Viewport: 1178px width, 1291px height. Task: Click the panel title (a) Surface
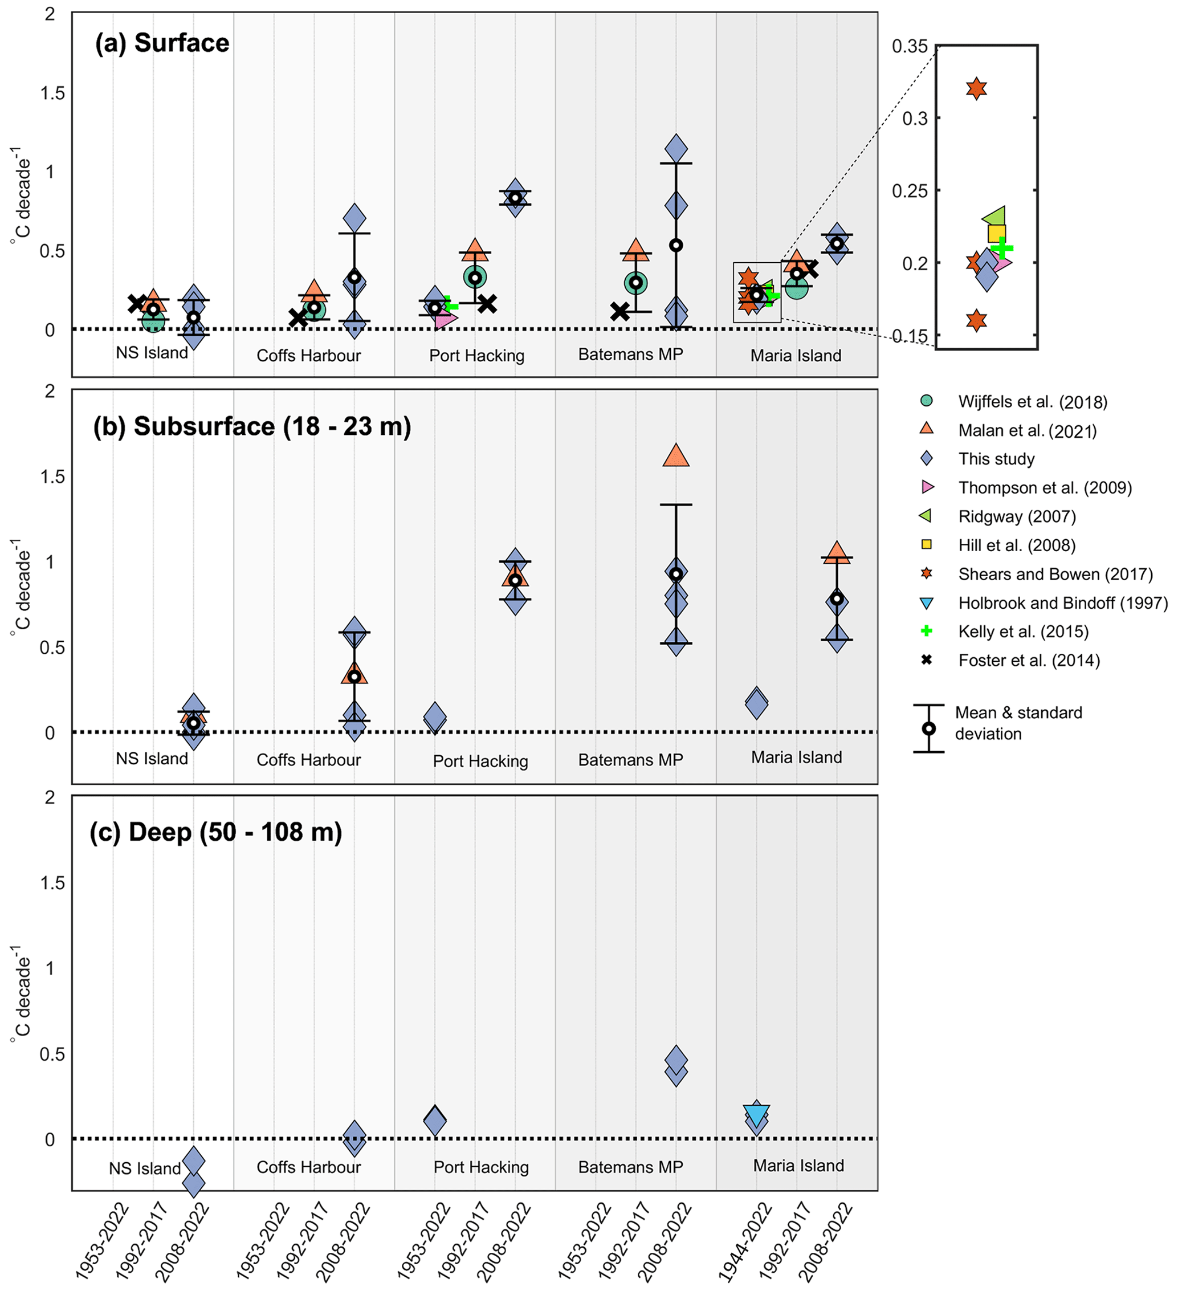pos(162,43)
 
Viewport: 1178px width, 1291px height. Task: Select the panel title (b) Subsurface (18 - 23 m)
pos(251,426)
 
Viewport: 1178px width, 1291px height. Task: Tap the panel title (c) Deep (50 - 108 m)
pos(216,832)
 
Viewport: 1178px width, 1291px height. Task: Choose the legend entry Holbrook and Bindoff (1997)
pos(1063,602)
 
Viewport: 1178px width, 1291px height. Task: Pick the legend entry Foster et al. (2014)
pos(1029,660)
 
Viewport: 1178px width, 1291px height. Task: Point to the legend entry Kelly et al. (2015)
pos(1023,632)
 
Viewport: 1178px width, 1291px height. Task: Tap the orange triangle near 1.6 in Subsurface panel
pos(676,456)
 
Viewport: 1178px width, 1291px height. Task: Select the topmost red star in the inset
pos(976,88)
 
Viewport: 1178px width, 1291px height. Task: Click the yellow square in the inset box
pos(997,233)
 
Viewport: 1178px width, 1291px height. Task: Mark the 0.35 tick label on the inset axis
pos(909,46)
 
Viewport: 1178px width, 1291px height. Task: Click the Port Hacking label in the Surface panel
pos(476,356)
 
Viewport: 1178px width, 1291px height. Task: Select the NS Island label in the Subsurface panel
pos(152,758)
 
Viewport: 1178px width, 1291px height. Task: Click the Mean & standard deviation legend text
pos(1018,723)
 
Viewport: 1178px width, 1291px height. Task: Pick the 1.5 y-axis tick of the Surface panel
pos(52,93)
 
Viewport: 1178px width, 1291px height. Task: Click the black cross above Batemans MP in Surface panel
pos(619,312)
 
